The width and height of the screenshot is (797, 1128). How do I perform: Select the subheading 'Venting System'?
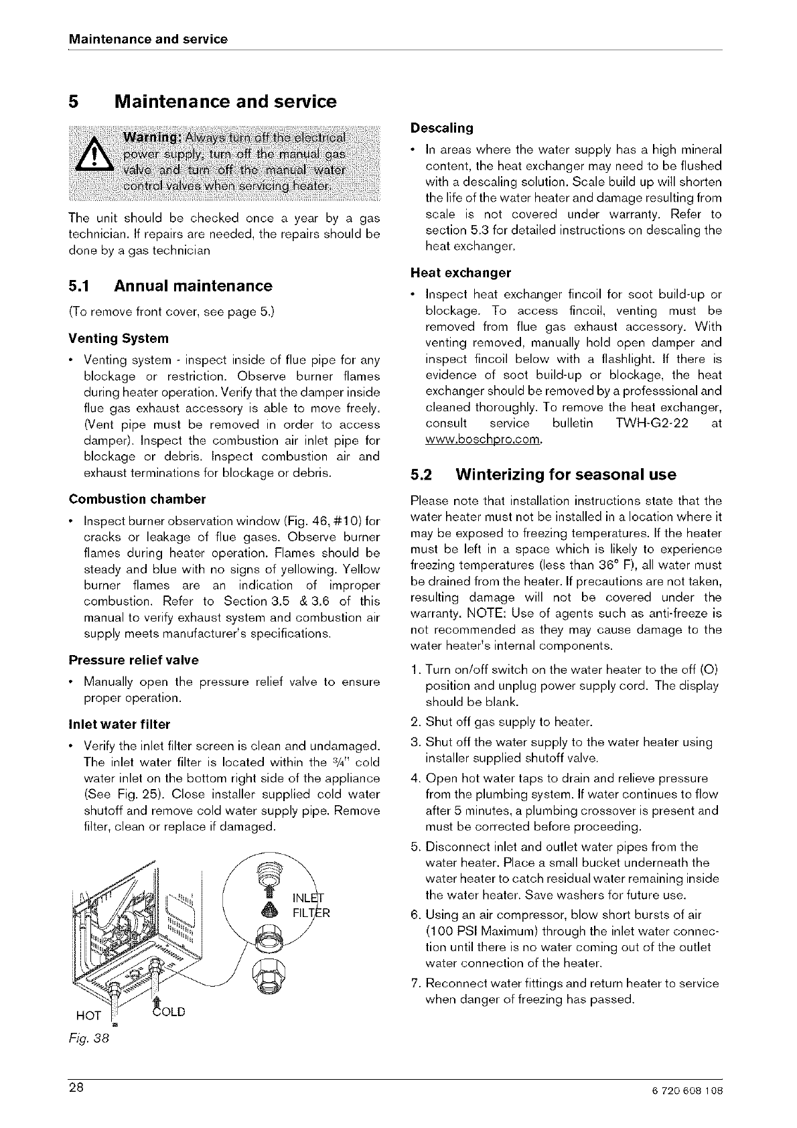(119, 338)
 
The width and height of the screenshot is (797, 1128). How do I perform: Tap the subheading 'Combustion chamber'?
(137, 499)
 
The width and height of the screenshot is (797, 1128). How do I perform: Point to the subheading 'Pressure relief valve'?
(133, 660)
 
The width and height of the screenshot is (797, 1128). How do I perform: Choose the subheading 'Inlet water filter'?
(119, 724)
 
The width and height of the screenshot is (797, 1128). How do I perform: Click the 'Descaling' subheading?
(441, 127)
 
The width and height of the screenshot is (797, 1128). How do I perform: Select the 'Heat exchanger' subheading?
(460, 273)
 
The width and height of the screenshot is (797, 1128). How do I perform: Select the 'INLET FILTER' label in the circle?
(311, 905)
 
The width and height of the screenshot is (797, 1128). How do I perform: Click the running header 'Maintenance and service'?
(148, 39)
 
